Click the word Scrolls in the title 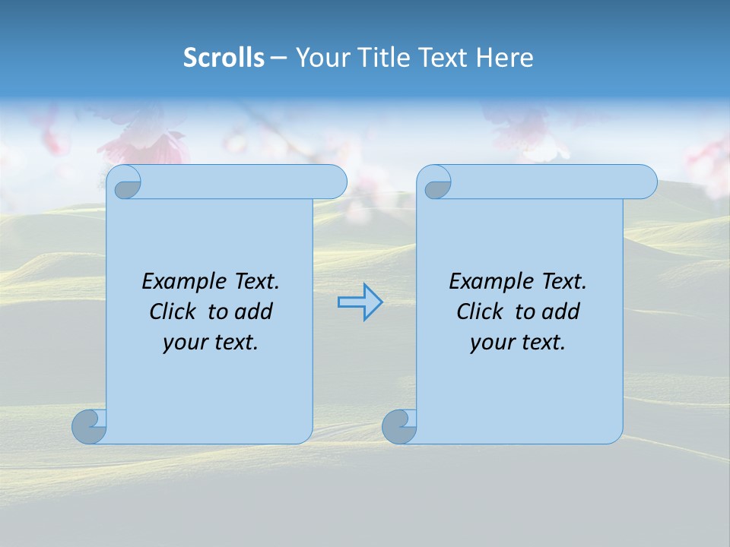click(x=224, y=58)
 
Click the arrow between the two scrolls click(x=360, y=302)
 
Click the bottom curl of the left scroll click(x=89, y=426)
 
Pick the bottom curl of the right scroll click(x=399, y=426)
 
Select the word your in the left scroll click(x=183, y=343)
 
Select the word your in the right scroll click(x=490, y=343)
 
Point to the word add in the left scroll click(x=253, y=311)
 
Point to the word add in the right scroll click(x=560, y=311)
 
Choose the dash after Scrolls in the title click(x=279, y=58)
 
